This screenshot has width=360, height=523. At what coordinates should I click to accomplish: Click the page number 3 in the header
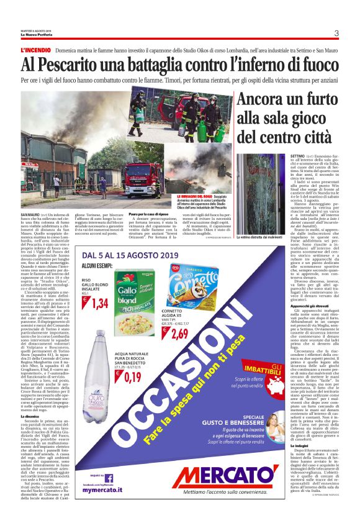point(336,33)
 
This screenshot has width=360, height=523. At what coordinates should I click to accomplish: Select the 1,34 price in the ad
point(101,302)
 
